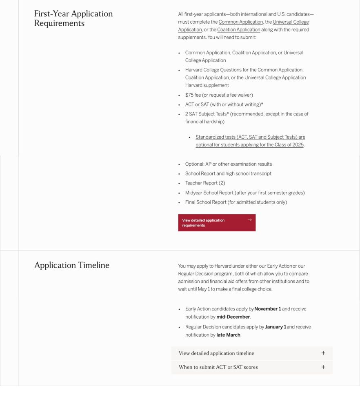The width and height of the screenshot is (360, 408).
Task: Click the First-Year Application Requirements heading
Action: pyautogui.click(x=73, y=18)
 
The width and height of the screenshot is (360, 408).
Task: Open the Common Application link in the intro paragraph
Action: pyautogui.click(x=241, y=22)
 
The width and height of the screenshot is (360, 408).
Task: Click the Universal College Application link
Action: pyautogui.click(x=291, y=22)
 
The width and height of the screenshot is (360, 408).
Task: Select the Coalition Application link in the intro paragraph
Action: pyautogui.click(x=239, y=30)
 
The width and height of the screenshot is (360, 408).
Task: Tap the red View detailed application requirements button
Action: pyautogui.click(x=217, y=223)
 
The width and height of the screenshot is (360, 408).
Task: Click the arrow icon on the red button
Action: pyautogui.click(x=250, y=220)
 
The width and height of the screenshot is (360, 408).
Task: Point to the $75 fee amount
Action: pyautogui.click(x=190, y=95)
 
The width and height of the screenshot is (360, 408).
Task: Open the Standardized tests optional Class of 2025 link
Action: pyautogui.click(x=250, y=141)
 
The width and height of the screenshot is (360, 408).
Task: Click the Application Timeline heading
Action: pyautogui.click(x=72, y=265)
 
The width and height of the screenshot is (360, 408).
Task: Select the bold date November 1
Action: pyautogui.click(x=268, y=309)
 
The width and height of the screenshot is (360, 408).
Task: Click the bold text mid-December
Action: pyautogui.click(x=233, y=317)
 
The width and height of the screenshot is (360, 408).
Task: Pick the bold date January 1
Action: pyautogui.click(x=276, y=327)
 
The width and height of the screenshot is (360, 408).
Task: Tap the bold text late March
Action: pyautogui.click(x=228, y=335)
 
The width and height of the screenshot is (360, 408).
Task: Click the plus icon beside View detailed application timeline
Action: pyautogui.click(x=323, y=353)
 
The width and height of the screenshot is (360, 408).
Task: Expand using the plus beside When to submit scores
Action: pyautogui.click(x=323, y=367)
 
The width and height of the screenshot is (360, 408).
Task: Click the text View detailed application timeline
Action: pyautogui.click(x=216, y=353)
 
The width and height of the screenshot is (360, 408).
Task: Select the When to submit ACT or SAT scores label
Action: pyautogui.click(x=218, y=367)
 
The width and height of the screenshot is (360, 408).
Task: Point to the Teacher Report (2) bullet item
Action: pyautogui.click(x=205, y=183)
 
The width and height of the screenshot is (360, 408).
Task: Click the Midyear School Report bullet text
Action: pyautogui.click(x=245, y=193)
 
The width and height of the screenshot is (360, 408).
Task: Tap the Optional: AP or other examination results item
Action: pyautogui.click(x=229, y=164)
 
